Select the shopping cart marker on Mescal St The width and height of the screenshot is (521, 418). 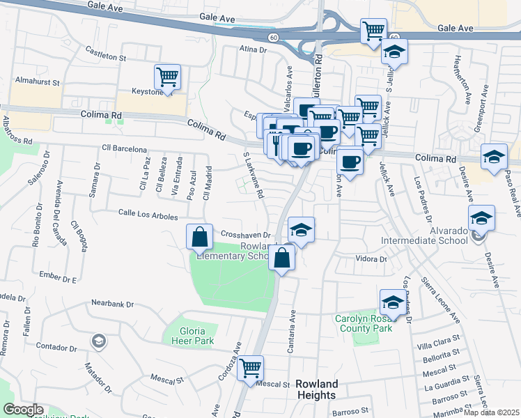coord(250,368)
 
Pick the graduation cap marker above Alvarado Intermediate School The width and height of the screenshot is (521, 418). coord(481,218)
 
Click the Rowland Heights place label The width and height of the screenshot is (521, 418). coord(316,389)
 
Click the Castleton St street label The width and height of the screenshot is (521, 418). coord(105,52)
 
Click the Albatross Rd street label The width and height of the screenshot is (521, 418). coord(17,130)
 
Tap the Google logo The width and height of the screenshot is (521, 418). coord(24,410)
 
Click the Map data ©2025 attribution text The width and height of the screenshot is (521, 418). coord(492,412)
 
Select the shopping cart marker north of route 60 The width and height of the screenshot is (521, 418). coord(373,31)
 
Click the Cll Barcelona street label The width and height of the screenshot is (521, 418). coord(124,149)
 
